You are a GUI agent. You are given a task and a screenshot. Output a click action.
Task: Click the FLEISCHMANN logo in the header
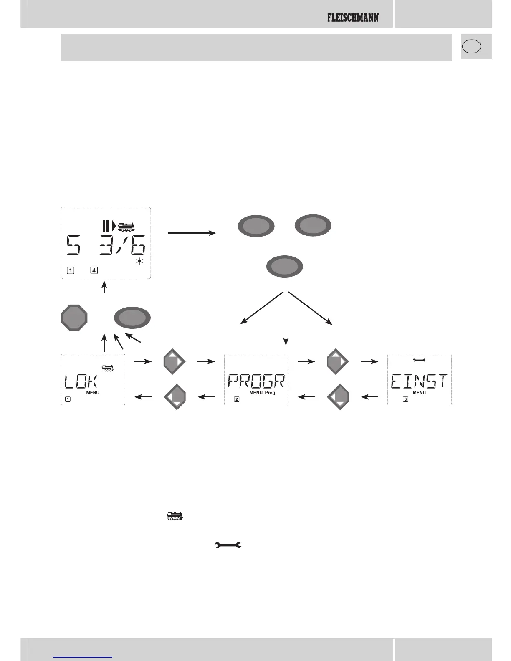[353, 18]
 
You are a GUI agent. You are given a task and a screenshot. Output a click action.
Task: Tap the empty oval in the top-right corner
[471, 46]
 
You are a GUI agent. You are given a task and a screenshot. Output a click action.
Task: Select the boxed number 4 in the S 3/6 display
[94, 270]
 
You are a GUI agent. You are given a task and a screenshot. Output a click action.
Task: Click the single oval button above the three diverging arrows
[284, 267]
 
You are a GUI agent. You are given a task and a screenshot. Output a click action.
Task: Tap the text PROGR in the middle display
[256, 381]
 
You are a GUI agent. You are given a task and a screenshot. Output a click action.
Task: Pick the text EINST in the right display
[419, 381]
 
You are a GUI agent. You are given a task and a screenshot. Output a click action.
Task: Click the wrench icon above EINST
[419, 360]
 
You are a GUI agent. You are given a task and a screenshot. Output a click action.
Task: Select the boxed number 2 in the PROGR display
[237, 399]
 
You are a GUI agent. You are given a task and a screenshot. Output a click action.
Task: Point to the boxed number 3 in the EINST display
[405, 399]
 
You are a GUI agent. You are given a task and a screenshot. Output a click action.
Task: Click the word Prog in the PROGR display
[270, 393]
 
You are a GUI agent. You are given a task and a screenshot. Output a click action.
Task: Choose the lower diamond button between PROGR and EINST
[339, 397]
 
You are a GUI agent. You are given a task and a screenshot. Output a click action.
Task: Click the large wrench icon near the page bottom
[228, 545]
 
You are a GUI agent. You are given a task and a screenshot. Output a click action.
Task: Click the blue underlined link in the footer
[83, 657]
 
